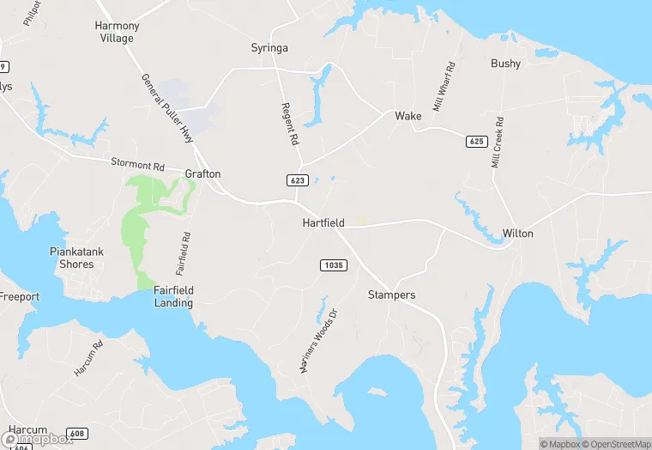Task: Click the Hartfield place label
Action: coord(323,223)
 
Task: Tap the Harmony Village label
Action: coord(116,32)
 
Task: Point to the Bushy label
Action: coord(505,64)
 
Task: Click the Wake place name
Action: coord(407,116)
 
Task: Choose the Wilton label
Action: coord(517,234)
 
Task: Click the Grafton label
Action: coord(202,174)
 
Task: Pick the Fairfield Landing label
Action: coord(173,297)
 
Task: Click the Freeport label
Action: coord(19,297)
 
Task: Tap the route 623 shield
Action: coord(297,179)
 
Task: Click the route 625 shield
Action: coord(476,140)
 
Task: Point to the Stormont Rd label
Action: coord(137,164)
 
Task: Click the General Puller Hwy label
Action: coord(167,108)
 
